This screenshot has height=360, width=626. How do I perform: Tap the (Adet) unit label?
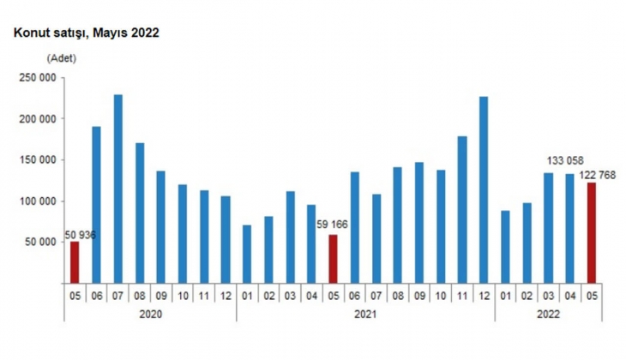coord(62,58)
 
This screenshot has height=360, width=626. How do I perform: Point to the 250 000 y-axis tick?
coord(37,78)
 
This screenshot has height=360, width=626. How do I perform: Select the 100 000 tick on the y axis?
coord(37,201)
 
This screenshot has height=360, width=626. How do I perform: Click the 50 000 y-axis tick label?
coord(39,243)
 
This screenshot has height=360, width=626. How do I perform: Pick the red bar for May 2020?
coord(75,262)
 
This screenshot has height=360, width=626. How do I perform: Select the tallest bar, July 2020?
coord(117,189)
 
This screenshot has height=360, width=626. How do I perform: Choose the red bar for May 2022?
coord(591,232)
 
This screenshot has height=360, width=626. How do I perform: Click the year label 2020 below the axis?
coord(150,315)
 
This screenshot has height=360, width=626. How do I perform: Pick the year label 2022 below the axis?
coord(548,315)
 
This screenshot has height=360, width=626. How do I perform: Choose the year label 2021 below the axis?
coord(365,315)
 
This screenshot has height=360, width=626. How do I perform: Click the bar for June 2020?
coord(96,205)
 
